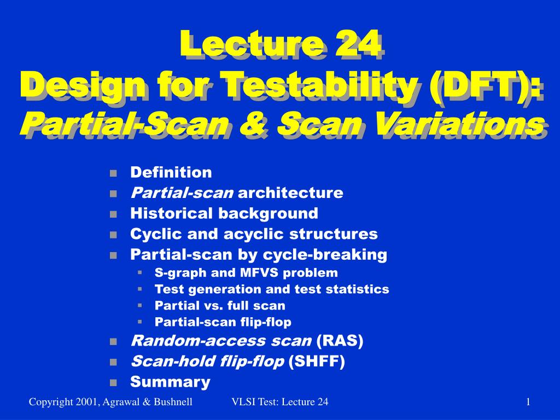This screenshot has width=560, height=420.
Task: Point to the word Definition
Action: coord(171,172)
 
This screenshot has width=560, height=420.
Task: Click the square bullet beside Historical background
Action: coord(114,214)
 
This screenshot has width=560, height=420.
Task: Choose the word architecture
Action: coord(290,193)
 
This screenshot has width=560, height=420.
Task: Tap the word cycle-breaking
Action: coord(325,255)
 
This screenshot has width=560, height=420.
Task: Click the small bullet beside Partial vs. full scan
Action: coord(139,305)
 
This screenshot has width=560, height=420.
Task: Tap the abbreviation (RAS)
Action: coord(340,341)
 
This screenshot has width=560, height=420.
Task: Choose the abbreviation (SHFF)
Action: coord(317,361)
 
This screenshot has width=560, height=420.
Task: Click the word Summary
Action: coord(171,382)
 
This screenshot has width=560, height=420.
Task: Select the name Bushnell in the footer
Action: coord(173,402)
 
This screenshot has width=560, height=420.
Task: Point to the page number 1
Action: coord(528,402)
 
